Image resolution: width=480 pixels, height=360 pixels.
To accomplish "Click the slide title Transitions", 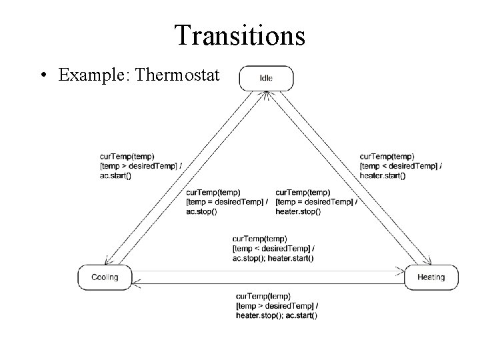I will click(239, 35).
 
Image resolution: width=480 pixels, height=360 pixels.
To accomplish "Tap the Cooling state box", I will click(105, 277).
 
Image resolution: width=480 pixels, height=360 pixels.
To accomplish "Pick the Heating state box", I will click(431, 277).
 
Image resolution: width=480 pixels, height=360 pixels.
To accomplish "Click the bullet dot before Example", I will click(43, 75).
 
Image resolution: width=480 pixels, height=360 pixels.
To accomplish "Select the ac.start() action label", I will click(115, 175).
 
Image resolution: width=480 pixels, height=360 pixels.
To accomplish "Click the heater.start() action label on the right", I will click(381, 175).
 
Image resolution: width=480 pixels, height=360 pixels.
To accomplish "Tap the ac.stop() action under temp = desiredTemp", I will click(202, 211).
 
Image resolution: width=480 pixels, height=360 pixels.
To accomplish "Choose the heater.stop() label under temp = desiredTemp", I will click(297, 211).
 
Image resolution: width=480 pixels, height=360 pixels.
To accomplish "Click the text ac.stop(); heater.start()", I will click(273, 257).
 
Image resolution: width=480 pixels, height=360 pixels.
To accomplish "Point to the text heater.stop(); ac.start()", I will click(276, 315).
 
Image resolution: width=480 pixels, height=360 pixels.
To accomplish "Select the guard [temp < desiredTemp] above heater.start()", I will click(400, 166).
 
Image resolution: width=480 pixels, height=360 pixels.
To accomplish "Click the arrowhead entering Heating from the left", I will click(401, 271).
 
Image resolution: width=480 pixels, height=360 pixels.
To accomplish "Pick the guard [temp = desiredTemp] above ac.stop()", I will click(227, 202).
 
